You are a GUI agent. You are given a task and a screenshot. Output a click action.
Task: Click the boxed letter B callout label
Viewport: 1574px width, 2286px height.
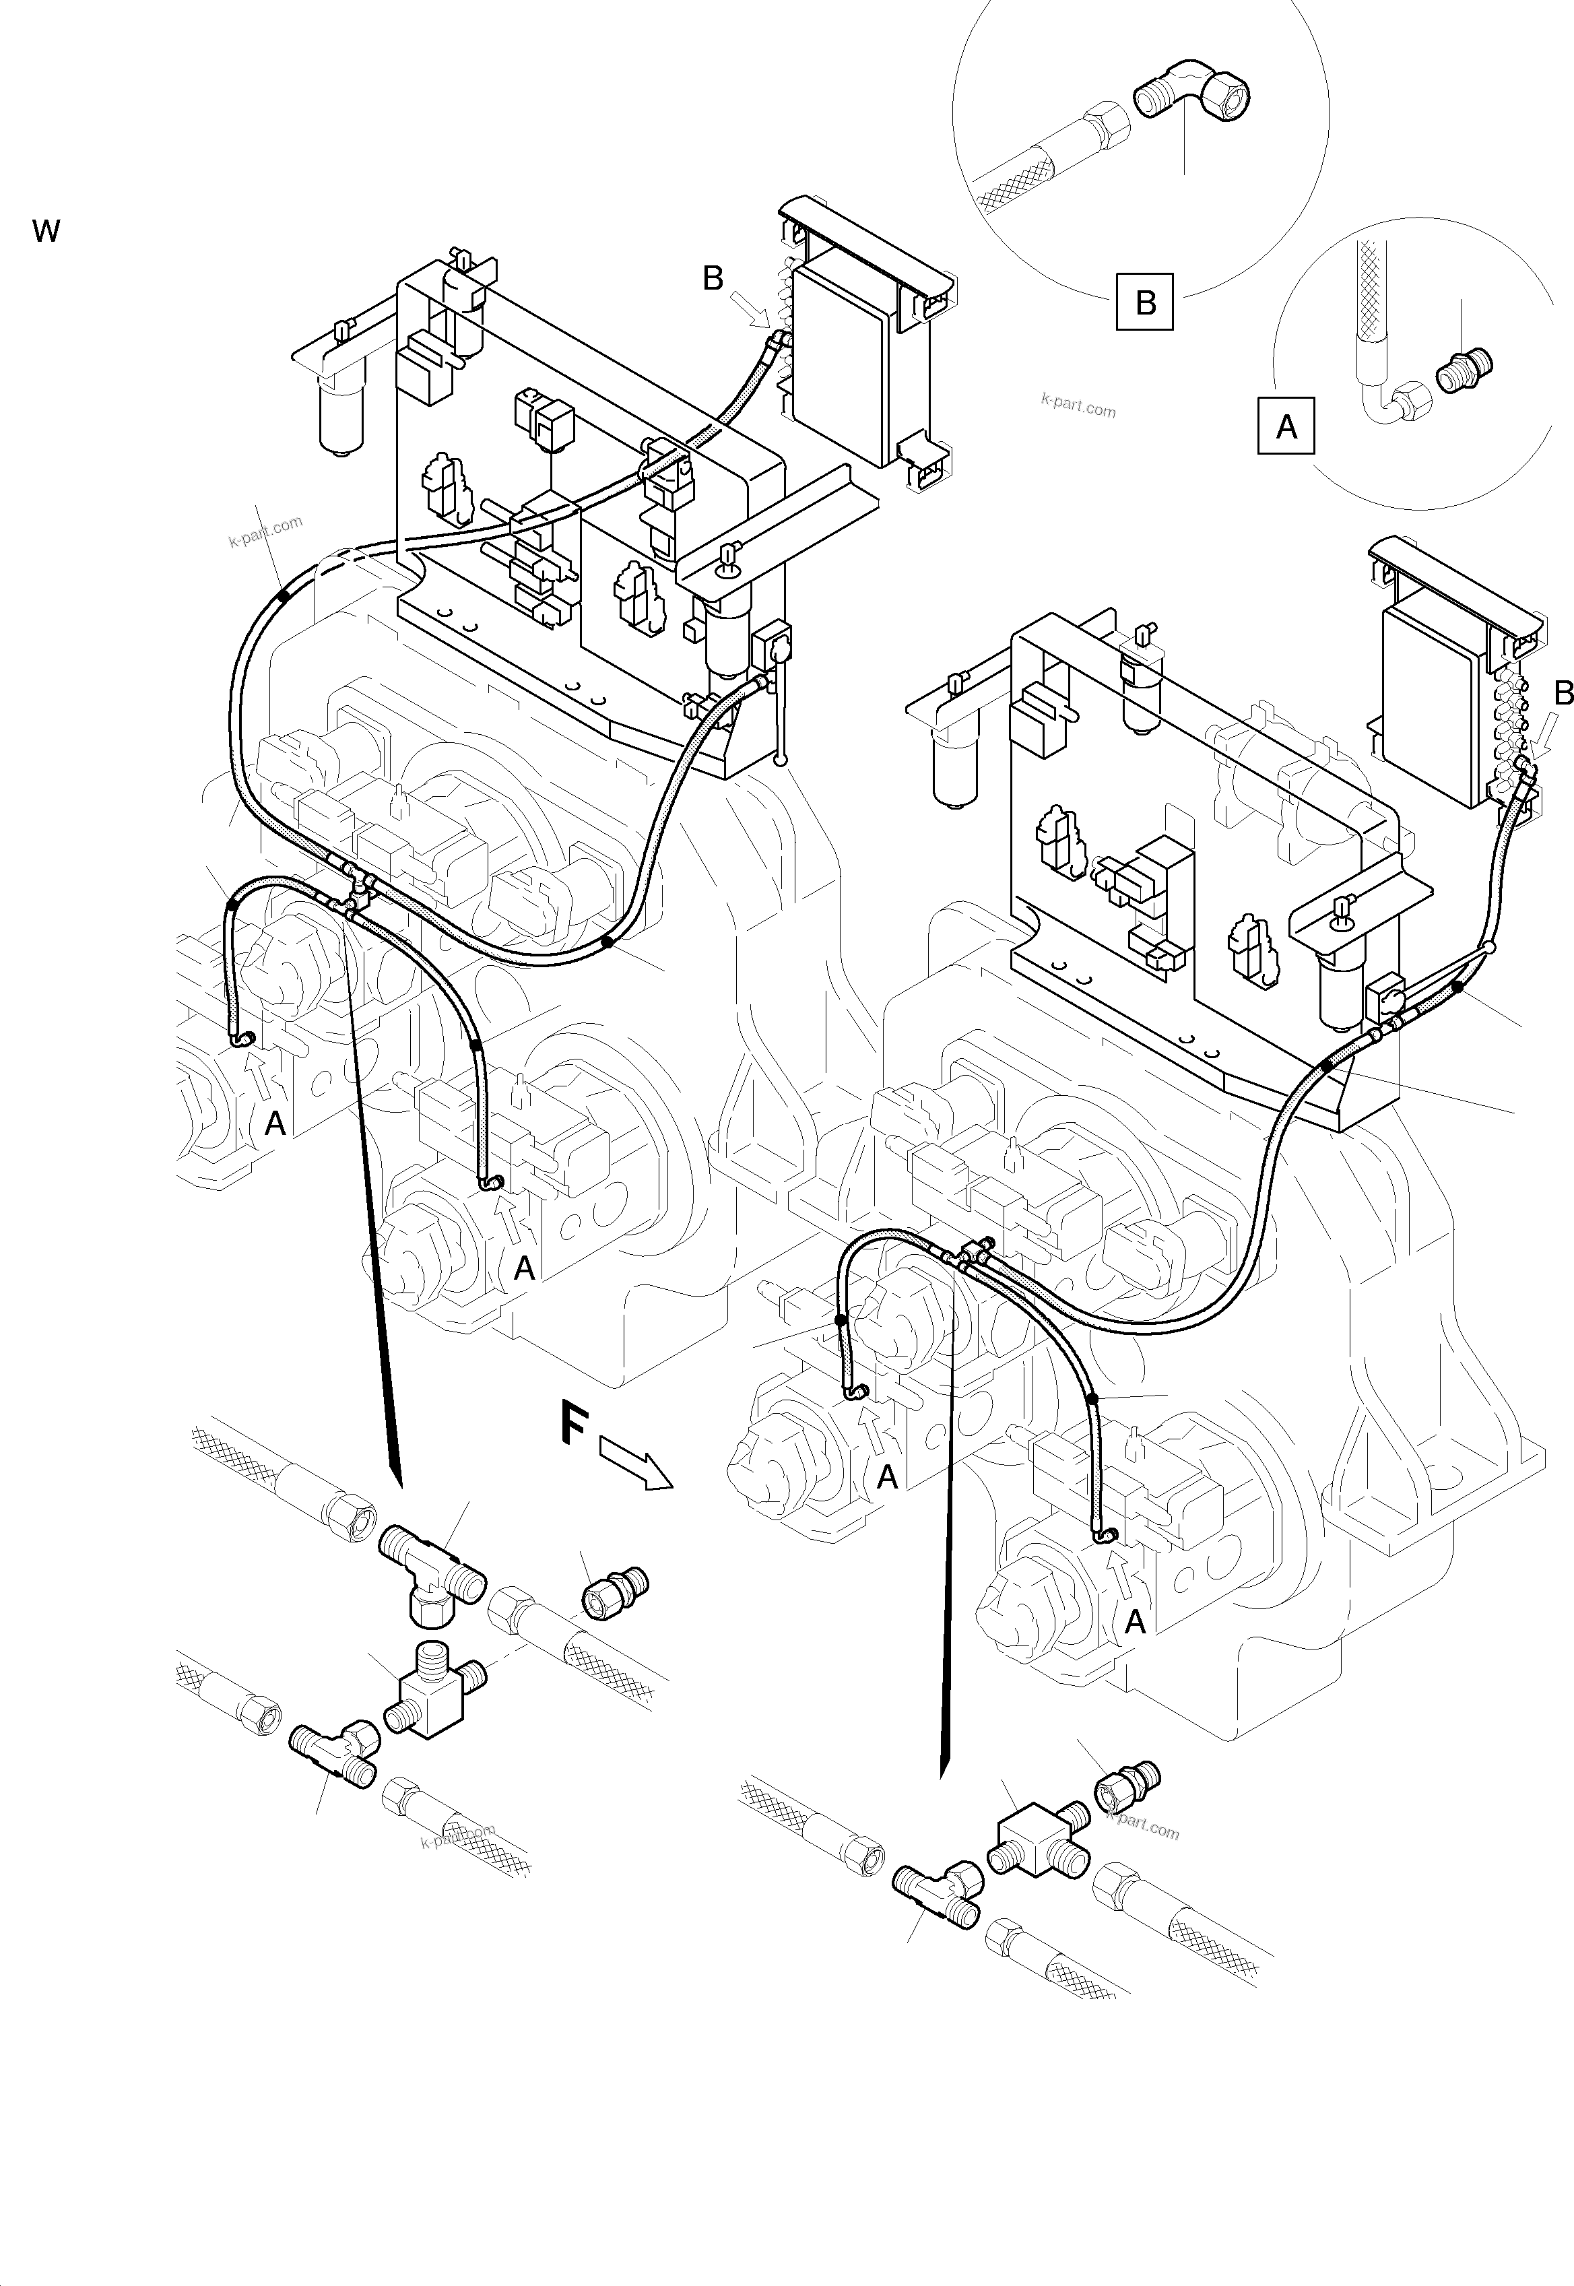pyautogui.click(x=1145, y=301)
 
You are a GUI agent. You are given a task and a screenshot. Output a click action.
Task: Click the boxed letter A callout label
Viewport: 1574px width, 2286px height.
pyautogui.click(x=1286, y=426)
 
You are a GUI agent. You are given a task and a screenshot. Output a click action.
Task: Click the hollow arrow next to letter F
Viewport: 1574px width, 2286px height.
pyautogui.click(x=636, y=1464)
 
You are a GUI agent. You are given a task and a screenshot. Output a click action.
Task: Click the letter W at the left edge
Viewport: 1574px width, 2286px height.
pyautogui.click(x=46, y=232)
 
